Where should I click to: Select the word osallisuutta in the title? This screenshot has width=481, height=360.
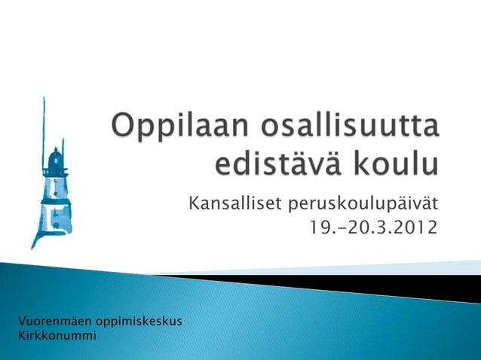click(351, 125)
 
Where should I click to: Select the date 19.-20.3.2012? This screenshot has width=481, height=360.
click(373, 226)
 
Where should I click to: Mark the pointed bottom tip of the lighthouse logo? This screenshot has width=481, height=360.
click(32, 246)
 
